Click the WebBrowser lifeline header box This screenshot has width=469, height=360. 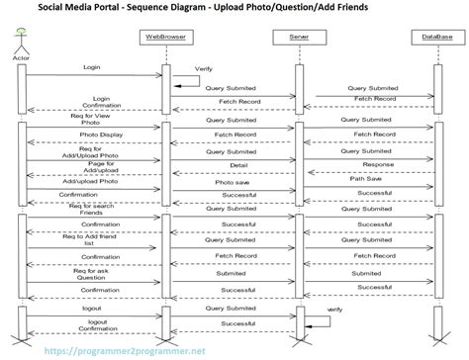pyautogui.click(x=166, y=37)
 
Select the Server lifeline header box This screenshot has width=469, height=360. pyautogui.click(x=299, y=37)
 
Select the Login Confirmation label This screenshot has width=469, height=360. pyautogui.click(x=102, y=103)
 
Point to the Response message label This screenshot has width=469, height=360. pyautogui.click(x=377, y=165)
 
